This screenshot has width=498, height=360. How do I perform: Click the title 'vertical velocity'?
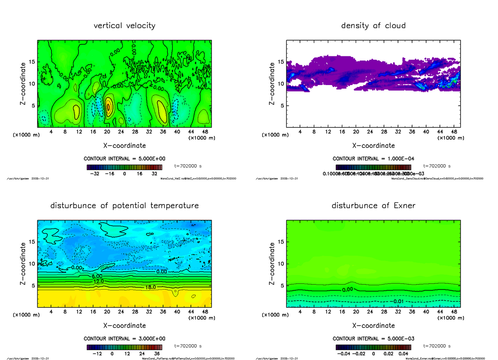pos(124,26)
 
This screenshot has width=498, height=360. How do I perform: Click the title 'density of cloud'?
pos(373,26)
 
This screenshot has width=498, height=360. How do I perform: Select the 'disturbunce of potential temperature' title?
pos(124,206)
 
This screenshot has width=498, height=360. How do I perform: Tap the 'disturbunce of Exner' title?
pos(373,206)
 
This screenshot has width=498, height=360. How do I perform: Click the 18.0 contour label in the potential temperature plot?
pos(150,287)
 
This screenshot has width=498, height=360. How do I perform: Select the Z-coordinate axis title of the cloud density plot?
pos(272,84)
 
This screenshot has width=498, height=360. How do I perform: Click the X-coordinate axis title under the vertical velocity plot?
pos(124,146)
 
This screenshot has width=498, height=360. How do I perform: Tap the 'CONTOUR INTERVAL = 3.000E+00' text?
pos(124,338)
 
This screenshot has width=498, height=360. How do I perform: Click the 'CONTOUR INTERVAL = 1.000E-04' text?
pos(373,159)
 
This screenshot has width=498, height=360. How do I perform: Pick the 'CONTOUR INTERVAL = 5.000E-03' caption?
pos(373,338)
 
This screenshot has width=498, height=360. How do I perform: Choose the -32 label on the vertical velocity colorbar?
pos(98,174)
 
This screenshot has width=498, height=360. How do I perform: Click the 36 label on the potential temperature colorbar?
pos(157,354)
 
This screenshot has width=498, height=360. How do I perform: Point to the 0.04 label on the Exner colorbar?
pos(404,354)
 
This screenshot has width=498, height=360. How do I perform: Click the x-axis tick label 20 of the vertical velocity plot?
pos(107,132)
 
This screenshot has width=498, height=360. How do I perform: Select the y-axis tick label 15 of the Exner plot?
pos(280,241)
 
